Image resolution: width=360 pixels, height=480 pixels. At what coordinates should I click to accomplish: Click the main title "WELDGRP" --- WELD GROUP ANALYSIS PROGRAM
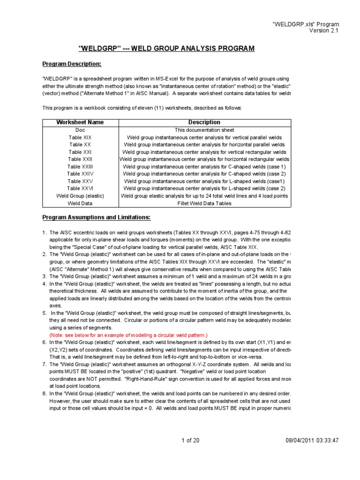pos(166,48)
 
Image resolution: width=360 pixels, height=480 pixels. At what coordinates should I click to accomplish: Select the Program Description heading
pos(72,64)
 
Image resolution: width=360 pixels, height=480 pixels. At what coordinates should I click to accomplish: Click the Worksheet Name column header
pos(80,122)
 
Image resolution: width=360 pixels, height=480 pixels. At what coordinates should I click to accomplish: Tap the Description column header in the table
pos(204,122)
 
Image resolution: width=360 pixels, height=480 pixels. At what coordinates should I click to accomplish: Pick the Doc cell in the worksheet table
pos(80,130)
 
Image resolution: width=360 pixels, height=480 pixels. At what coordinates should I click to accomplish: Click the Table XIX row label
pos(80,137)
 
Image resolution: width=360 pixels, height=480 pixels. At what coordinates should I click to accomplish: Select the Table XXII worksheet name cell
pos(80,159)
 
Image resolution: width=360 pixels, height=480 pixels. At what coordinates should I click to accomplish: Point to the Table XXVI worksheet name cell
pos(80,188)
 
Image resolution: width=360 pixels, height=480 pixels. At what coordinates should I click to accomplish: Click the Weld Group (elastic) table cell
pos(80,195)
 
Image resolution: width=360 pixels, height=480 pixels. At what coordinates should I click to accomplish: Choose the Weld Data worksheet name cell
pos(80,203)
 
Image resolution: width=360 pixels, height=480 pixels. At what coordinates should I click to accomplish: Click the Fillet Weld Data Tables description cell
pos(204,203)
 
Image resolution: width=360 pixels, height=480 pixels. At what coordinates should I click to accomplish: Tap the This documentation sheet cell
pos(204,130)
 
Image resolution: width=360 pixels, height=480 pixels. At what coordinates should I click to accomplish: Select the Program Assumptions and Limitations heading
pos(96,217)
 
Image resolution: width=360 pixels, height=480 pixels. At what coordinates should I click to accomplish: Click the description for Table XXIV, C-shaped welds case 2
pos(204,173)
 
